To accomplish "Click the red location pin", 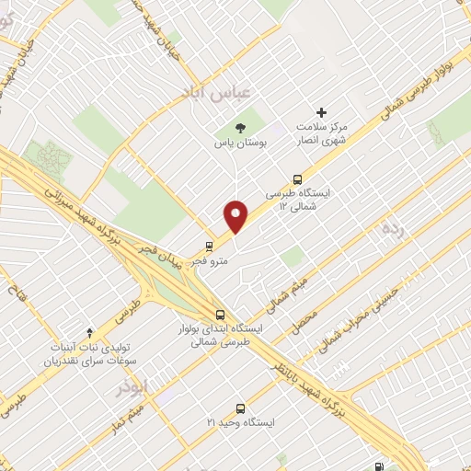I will click(x=237, y=217).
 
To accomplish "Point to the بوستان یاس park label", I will click(x=240, y=144).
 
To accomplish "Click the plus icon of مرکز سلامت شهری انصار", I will click(x=321, y=112).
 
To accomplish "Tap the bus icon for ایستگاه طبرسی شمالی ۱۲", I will click(x=297, y=179).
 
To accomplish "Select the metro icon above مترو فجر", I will click(x=209, y=247).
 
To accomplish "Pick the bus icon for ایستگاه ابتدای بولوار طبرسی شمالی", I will click(x=220, y=313).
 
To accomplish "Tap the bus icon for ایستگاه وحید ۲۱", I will click(x=240, y=408).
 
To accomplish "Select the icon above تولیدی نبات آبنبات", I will click(x=89, y=331).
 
